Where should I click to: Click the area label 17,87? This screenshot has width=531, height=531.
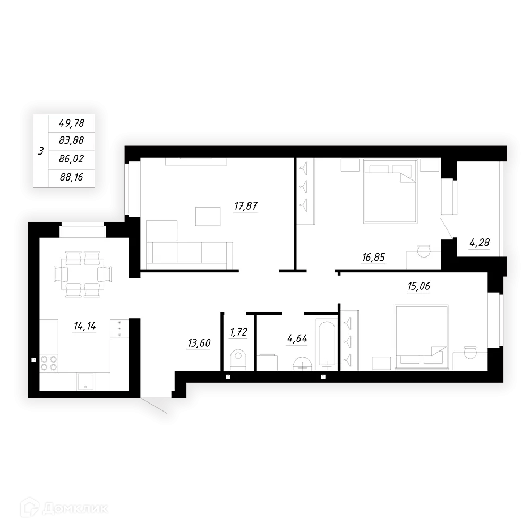[246, 205]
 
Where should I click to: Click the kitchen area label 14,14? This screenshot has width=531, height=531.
[84, 326]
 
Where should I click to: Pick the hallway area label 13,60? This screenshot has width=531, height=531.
[199, 343]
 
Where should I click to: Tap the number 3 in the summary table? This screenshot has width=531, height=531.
[41, 151]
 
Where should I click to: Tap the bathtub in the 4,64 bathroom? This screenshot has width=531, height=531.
[326, 344]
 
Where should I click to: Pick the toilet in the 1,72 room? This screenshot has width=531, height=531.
[238, 359]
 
